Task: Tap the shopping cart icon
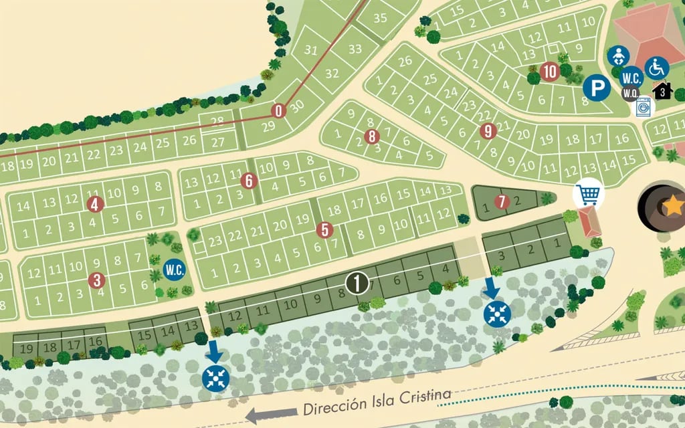tap(589, 195)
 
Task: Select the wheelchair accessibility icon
tap(657, 68)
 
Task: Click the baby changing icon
tap(619, 56)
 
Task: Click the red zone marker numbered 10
tap(550, 71)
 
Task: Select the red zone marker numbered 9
tap(488, 131)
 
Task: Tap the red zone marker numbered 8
tap(373, 137)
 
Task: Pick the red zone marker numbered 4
tap(95, 204)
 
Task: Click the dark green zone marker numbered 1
tap(357, 283)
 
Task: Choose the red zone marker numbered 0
tap(279, 111)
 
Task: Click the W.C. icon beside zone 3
tap(174, 270)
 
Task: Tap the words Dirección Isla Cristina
tap(377, 402)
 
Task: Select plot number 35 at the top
tap(380, 18)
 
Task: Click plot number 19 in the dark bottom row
tap(27, 348)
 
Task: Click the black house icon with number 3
tap(662, 91)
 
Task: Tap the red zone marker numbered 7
tap(502, 201)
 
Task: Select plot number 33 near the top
tap(355, 49)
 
